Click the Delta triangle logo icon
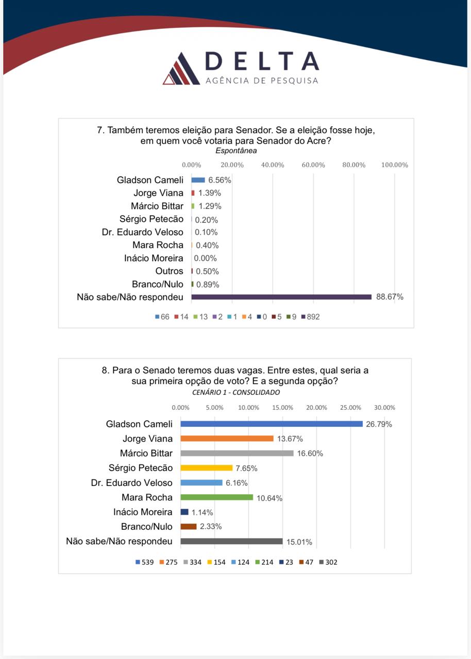pyautogui.click(x=181, y=68)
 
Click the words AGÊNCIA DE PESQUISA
pyautogui.click(x=262, y=81)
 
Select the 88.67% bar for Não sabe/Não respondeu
pyautogui.click(x=281, y=297)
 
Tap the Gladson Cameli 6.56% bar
pyautogui.click(x=198, y=180)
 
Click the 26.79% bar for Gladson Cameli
pyautogui.click(x=272, y=424)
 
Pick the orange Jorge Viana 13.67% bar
pyautogui.click(x=227, y=438)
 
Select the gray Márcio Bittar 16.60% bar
pyautogui.click(x=237, y=453)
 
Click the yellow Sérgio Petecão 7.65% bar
pyautogui.click(x=206, y=468)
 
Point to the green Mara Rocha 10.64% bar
pyautogui.click(x=216, y=497)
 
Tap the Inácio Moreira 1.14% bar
pyautogui.click(x=184, y=512)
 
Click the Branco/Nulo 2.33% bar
pyautogui.click(x=189, y=527)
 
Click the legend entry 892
pyautogui.click(x=311, y=317)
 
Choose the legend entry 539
pyautogui.click(x=144, y=562)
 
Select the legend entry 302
pyautogui.click(x=328, y=562)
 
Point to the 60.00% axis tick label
pyautogui.click(x=313, y=165)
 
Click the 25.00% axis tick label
pyautogui.click(x=350, y=408)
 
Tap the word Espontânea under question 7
pyautogui.click(x=236, y=151)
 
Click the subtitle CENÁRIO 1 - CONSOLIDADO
pyautogui.click(x=236, y=392)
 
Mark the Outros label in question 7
pyautogui.click(x=169, y=271)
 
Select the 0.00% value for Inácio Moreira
pyautogui.click(x=205, y=258)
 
